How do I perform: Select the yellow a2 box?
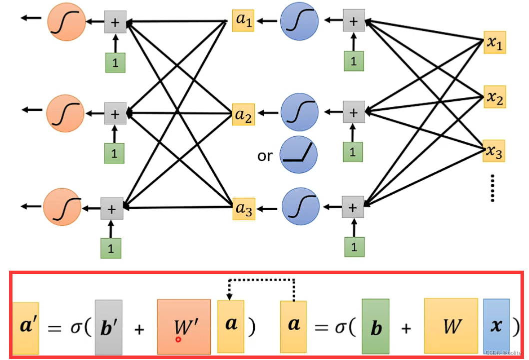[244, 115]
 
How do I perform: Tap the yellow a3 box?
[244, 209]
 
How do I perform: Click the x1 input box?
[495, 43]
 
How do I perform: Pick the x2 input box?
[495, 97]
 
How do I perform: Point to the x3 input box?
[494, 151]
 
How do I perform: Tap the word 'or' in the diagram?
[265, 156]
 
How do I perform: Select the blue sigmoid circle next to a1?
[299, 21]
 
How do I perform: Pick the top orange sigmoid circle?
[66, 21]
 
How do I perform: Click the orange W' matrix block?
[184, 327]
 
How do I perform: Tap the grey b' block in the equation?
[108, 327]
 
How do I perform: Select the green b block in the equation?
[376, 326]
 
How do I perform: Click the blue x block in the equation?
[497, 326]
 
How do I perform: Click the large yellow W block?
[451, 326]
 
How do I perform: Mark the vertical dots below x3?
[493, 188]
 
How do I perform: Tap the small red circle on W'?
[178, 340]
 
